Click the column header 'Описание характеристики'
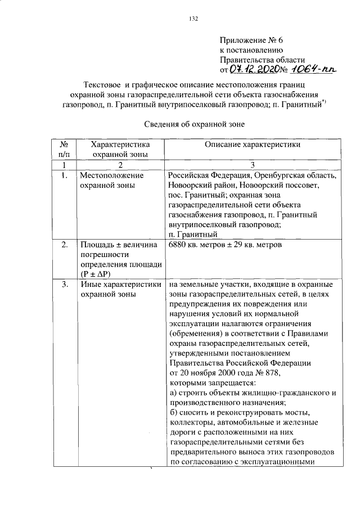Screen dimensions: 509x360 (252, 145)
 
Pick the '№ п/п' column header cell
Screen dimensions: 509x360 (65, 149)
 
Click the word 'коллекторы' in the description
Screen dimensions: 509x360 (190, 422)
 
